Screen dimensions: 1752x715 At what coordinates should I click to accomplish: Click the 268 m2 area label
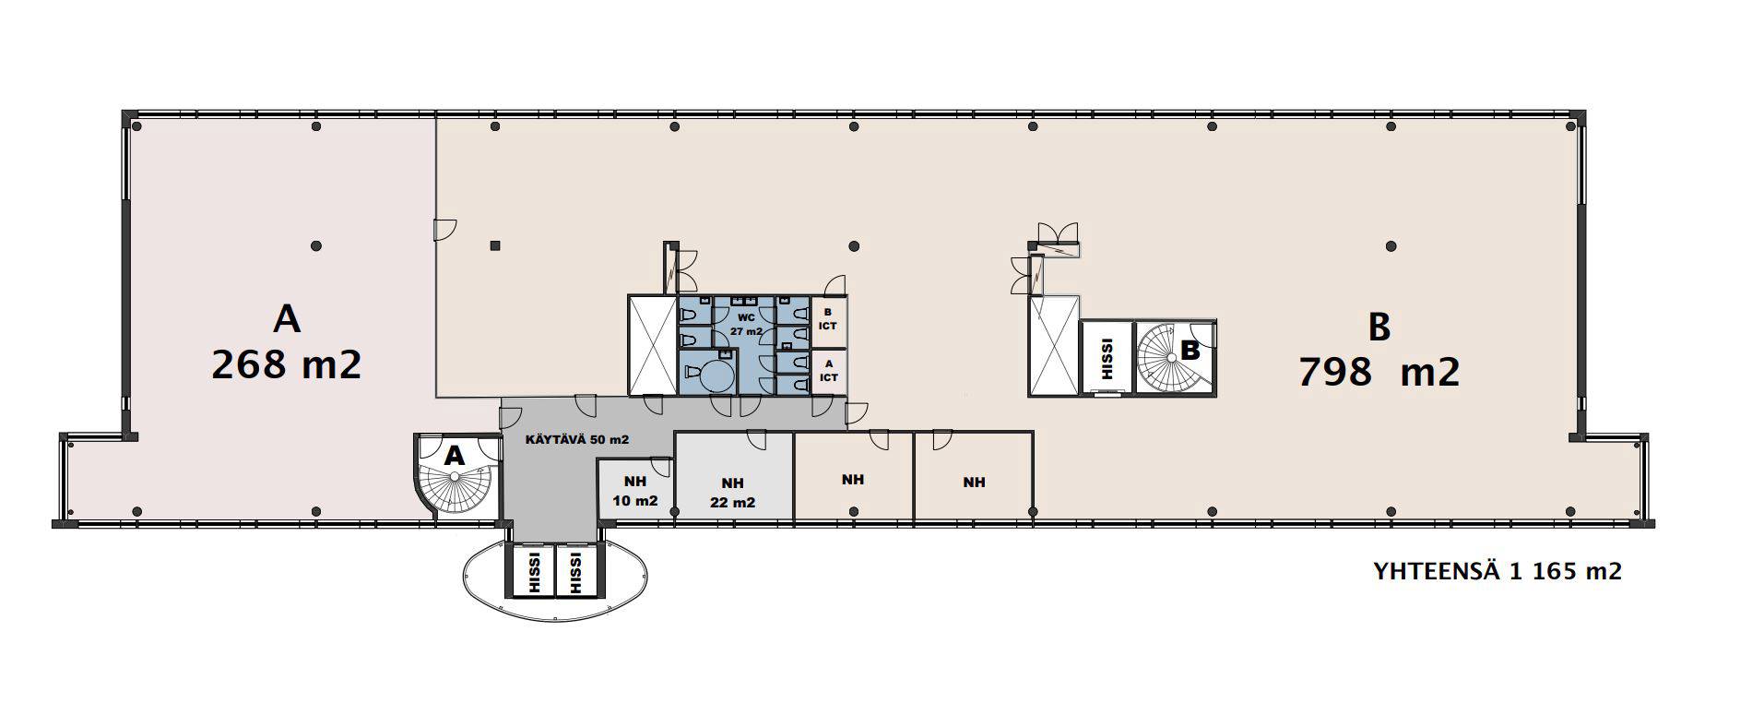[x=286, y=365]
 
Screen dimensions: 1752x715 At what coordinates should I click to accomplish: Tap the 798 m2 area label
[x=1379, y=372]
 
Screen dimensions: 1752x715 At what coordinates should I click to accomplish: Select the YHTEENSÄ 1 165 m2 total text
[x=1497, y=571]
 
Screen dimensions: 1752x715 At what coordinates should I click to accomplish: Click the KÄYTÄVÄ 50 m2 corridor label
[x=576, y=440]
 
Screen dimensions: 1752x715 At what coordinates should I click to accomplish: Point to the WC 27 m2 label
[x=746, y=324]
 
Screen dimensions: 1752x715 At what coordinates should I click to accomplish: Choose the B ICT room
[x=828, y=319]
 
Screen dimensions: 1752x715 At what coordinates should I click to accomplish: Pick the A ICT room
[x=828, y=371]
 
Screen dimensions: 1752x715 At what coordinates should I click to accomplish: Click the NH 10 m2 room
[x=635, y=489]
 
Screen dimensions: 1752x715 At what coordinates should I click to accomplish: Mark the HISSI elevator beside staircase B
[x=1107, y=357]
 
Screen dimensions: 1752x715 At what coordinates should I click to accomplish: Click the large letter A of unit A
[x=287, y=319]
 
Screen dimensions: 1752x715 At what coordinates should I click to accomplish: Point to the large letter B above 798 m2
[x=1379, y=327]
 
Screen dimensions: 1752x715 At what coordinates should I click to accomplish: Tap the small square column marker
[x=495, y=245]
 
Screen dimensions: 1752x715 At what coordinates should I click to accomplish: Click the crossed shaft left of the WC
[x=652, y=345]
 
